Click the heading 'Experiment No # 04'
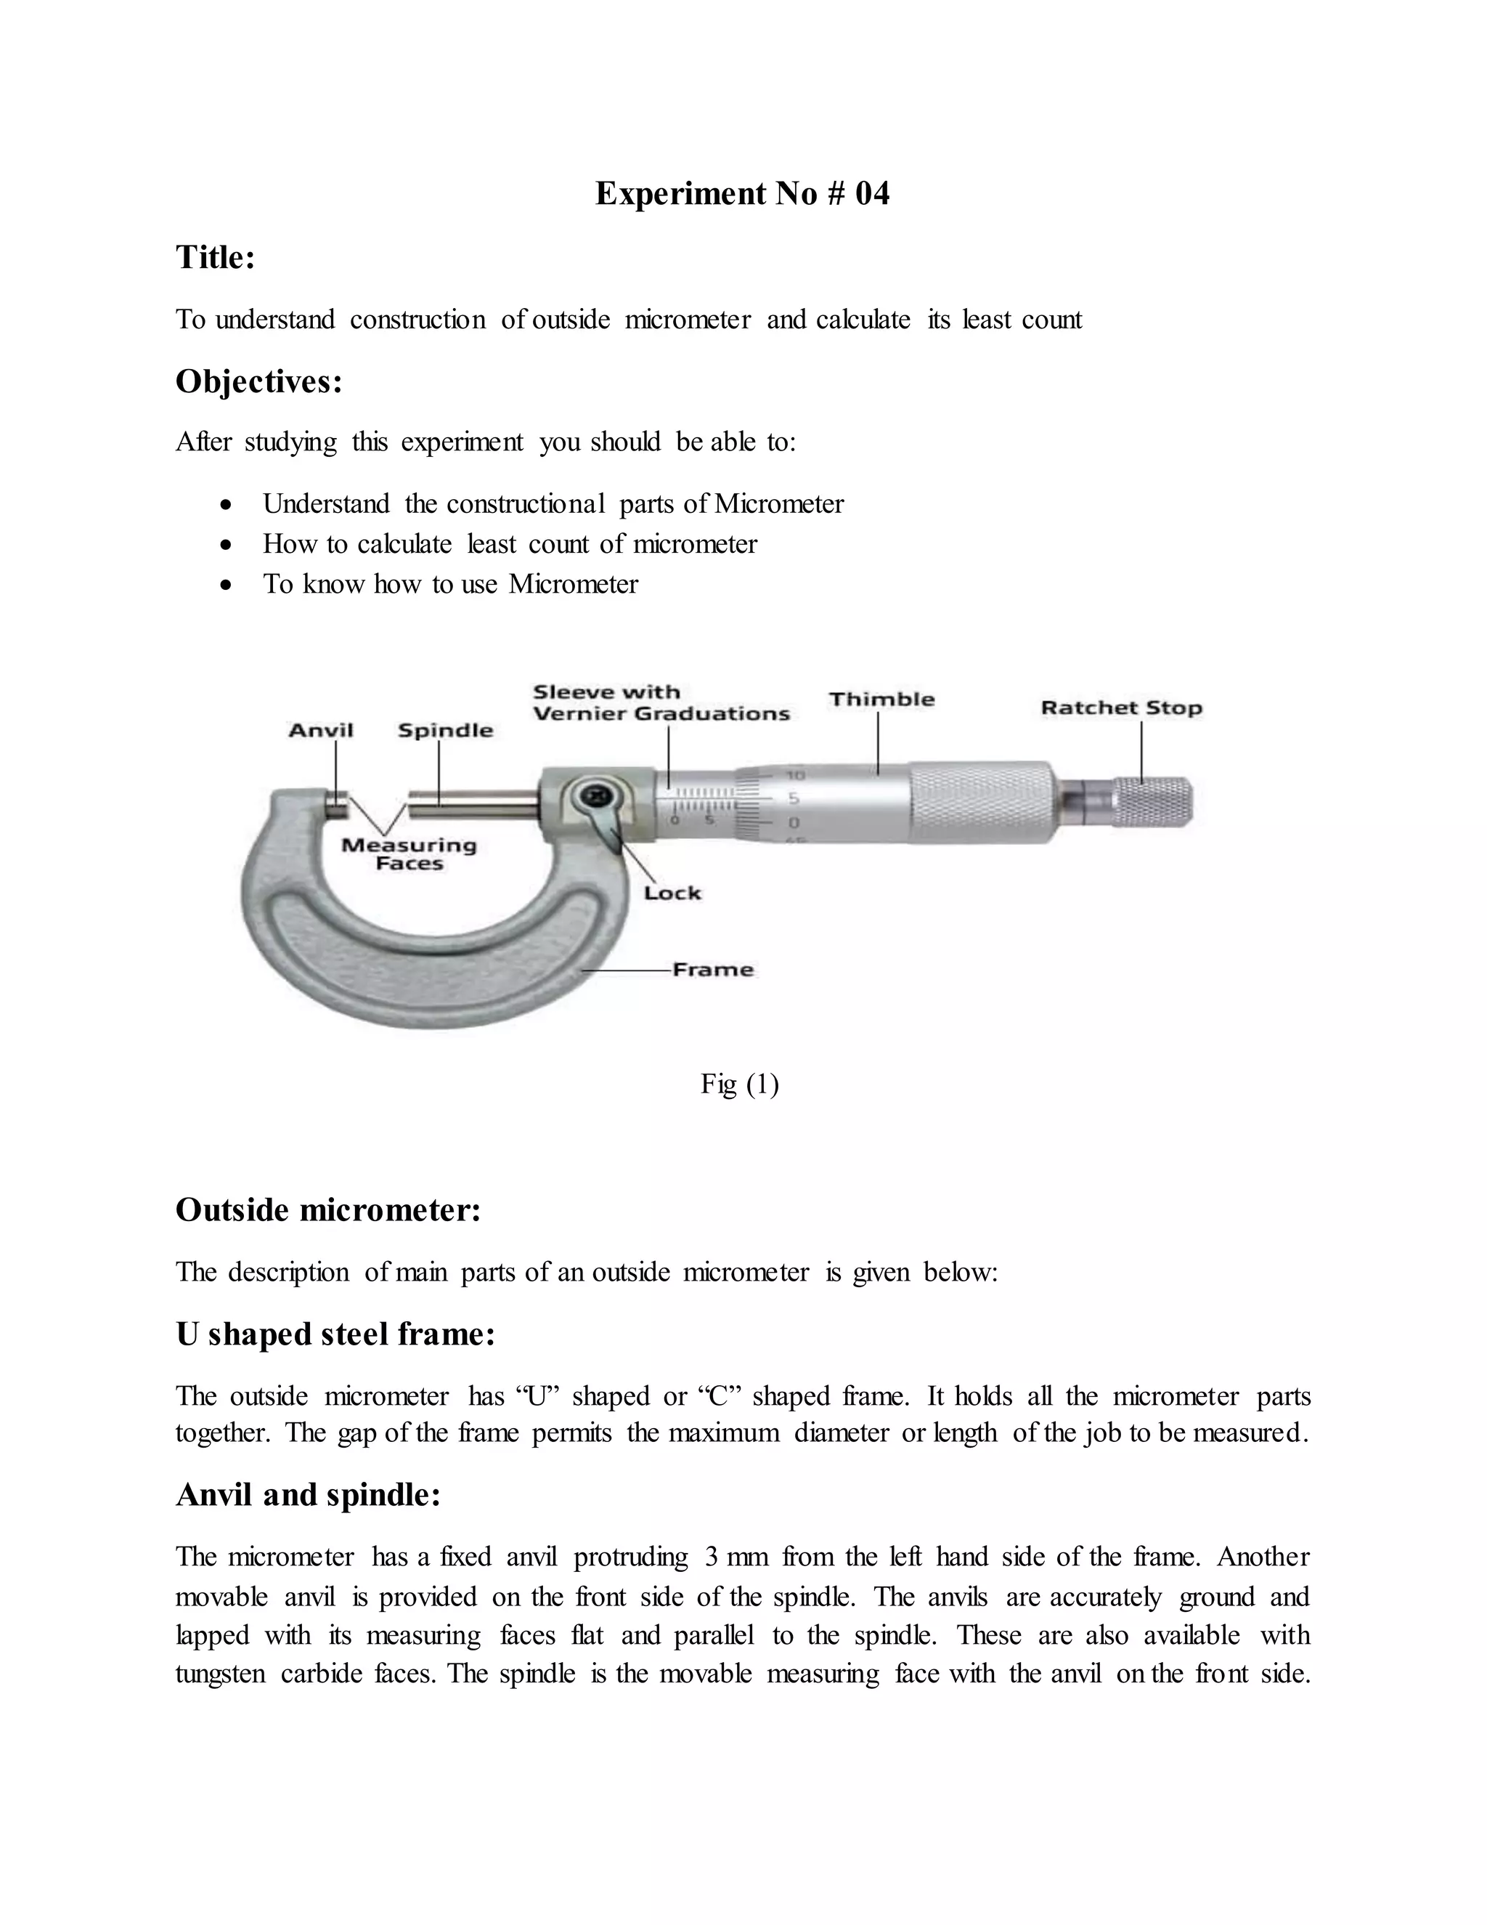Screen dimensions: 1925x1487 [x=742, y=194]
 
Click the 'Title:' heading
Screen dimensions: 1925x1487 [x=215, y=257]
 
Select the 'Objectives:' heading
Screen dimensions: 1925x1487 [x=258, y=381]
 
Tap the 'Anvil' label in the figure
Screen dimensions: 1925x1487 [x=321, y=730]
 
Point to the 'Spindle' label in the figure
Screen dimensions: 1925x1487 [x=445, y=730]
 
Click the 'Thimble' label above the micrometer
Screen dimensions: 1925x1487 [x=881, y=700]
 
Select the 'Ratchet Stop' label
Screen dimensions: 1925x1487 [x=1120, y=708]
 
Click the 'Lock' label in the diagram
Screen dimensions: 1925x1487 [x=672, y=893]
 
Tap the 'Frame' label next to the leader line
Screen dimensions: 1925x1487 [x=713, y=970]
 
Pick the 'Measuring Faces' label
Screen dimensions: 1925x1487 [x=409, y=854]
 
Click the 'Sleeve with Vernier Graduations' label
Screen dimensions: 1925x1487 [x=661, y=703]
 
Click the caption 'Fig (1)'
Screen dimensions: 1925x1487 [x=739, y=1083]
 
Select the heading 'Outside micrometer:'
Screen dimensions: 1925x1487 [x=327, y=1210]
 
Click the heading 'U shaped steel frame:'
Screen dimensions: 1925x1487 [x=335, y=1334]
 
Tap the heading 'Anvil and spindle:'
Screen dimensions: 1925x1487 [x=307, y=1495]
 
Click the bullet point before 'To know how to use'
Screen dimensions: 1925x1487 [x=227, y=584]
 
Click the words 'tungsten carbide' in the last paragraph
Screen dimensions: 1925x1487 [x=269, y=1674]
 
